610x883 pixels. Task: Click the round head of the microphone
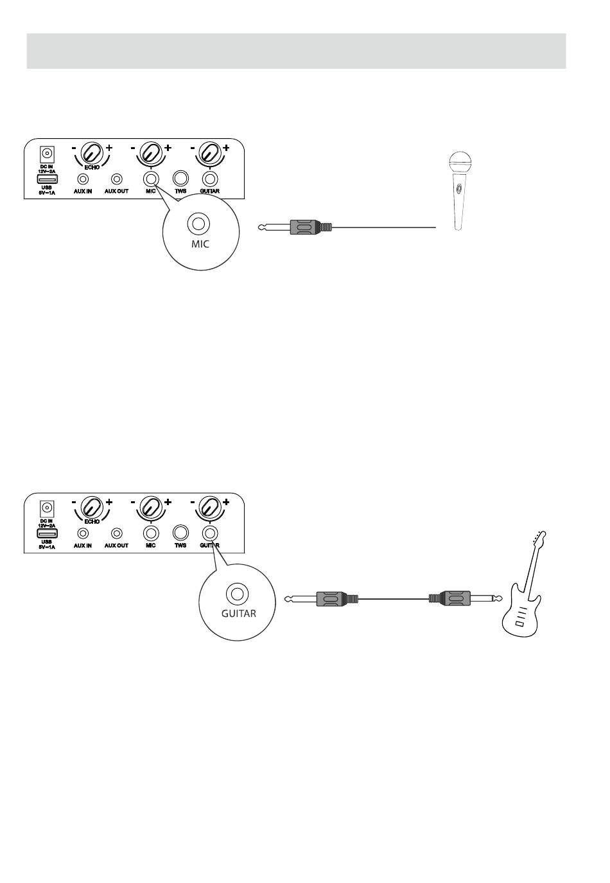coord(460,161)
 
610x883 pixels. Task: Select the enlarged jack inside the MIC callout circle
coord(198,224)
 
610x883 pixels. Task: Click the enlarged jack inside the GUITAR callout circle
coord(238,593)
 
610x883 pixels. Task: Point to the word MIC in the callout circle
coord(200,245)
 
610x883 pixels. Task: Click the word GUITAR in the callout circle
coord(238,613)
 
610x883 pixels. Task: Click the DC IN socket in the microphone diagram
coord(46,154)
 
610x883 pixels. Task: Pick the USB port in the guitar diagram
coord(47,533)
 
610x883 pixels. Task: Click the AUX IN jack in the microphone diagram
coord(82,179)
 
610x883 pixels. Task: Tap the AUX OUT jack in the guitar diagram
coord(117,533)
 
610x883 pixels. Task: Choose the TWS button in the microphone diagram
coord(180,179)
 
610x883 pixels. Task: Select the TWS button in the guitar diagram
coord(180,532)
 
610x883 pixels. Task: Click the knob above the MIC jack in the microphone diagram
coord(151,153)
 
